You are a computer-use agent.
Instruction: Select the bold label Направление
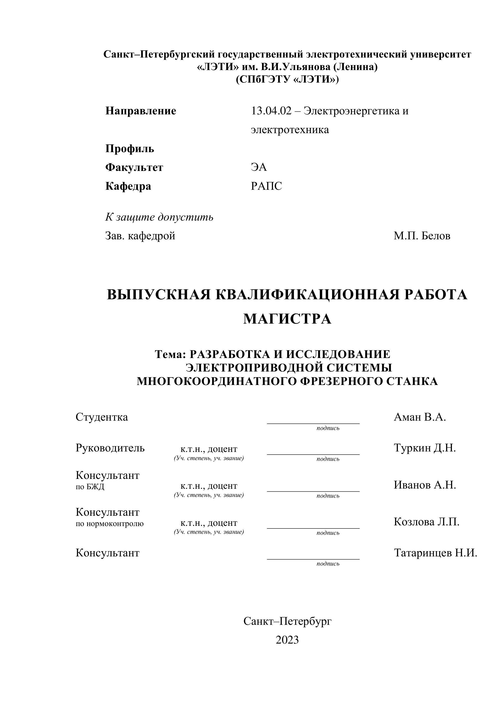point(141,111)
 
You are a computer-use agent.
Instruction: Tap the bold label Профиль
point(130,149)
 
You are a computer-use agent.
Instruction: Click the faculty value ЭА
point(259,167)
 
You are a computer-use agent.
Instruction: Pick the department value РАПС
point(266,186)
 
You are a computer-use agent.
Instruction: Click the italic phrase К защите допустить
point(159,217)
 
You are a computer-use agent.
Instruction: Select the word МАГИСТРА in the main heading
point(287,319)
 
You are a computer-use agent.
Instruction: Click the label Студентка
point(102,417)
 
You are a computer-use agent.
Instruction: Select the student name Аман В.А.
point(419,417)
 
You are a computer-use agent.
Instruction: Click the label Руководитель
point(110,448)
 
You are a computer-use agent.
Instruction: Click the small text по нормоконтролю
point(110,523)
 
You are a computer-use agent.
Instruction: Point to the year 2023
point(287,640)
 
